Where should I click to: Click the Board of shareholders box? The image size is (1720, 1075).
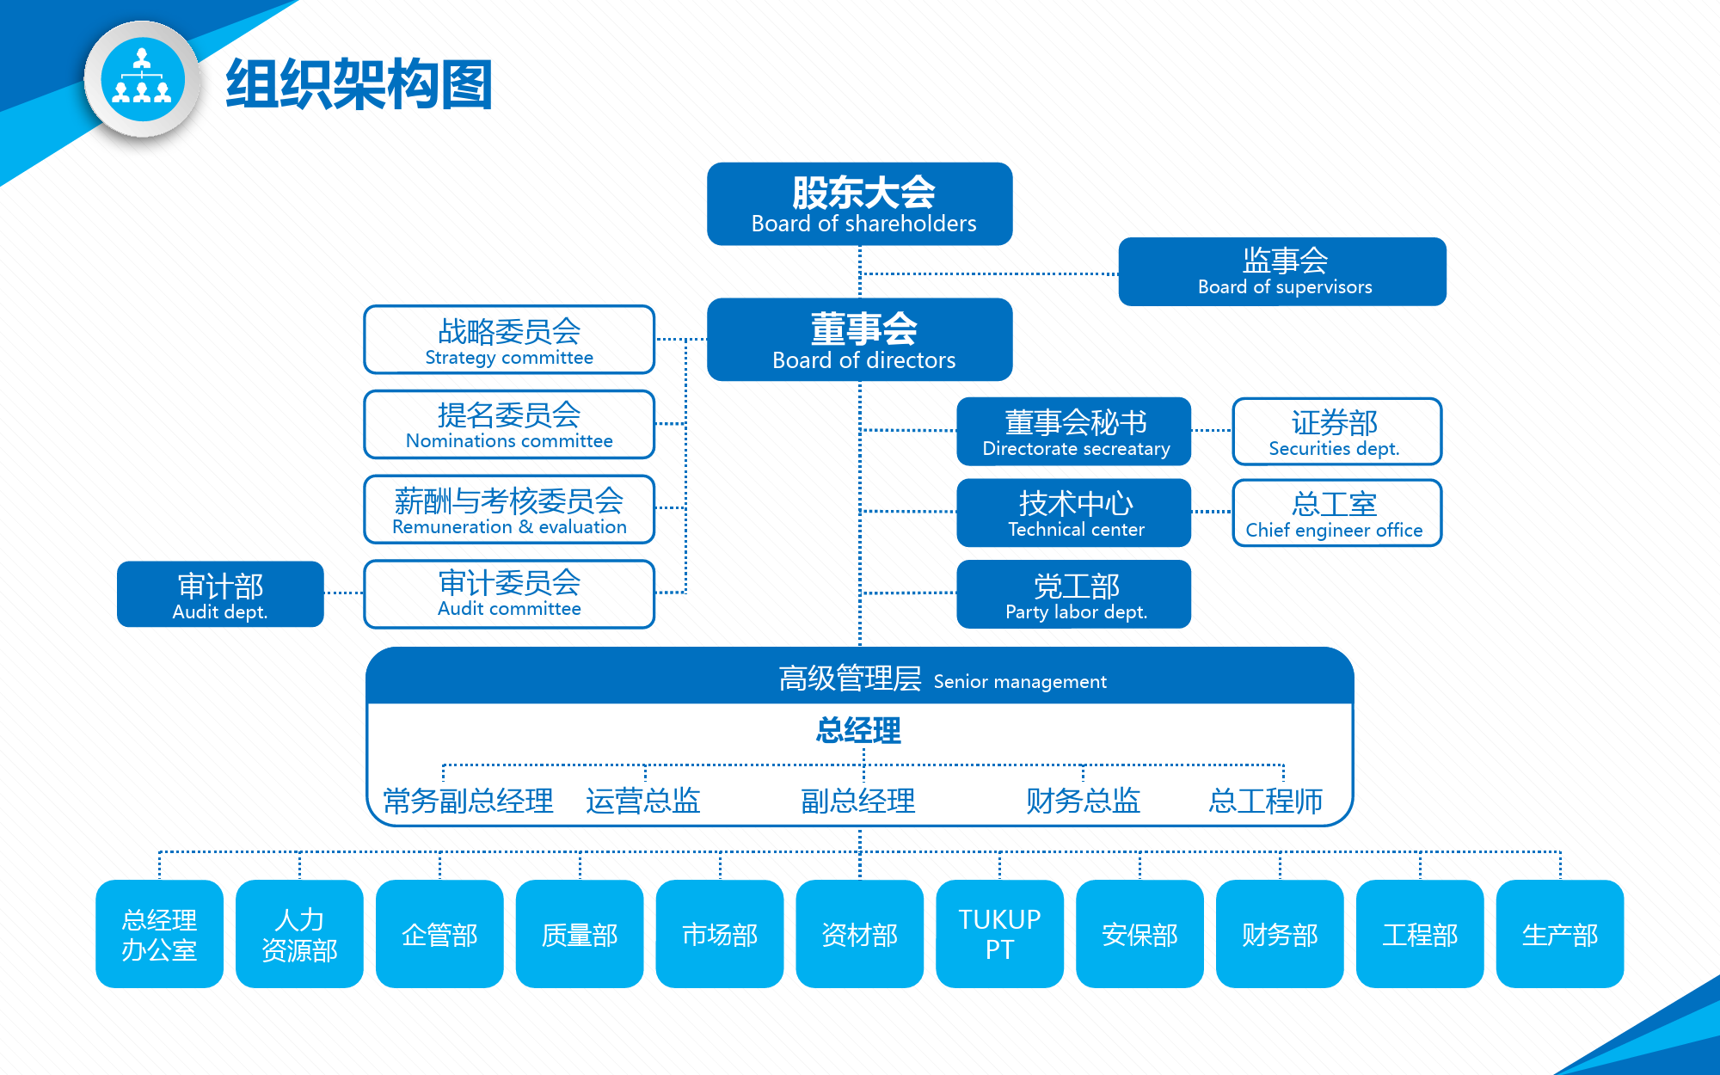point(859,204)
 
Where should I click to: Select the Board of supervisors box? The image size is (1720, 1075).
point(1282,272)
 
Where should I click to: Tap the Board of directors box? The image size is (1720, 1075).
point(859,340)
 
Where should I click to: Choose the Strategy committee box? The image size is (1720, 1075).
point(509,340)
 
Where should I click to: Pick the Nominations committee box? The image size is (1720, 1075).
point(509,424)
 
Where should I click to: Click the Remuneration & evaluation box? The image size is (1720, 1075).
point(509,509)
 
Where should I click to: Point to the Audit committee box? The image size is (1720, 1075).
point(509,594)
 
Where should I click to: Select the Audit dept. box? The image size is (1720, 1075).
point(220,594)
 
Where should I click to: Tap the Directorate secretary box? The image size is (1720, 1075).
point(1074,432)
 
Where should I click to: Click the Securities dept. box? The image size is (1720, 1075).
point(1336,432)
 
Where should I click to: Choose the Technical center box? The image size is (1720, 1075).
point(1074,513)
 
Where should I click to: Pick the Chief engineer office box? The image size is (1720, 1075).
point(1336,513)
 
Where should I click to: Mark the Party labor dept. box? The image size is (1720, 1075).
point(1074,594)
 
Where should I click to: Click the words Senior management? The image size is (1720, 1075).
point(1020,682)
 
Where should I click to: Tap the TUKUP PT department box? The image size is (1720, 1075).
point(999,934)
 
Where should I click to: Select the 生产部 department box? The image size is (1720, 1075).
point(1560,934)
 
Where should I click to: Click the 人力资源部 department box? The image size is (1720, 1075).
point(299,934)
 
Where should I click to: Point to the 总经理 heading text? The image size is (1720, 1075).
point(858,731)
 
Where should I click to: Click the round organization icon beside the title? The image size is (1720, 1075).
point(143,80)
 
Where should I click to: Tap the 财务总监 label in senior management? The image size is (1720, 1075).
point(1083,801)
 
